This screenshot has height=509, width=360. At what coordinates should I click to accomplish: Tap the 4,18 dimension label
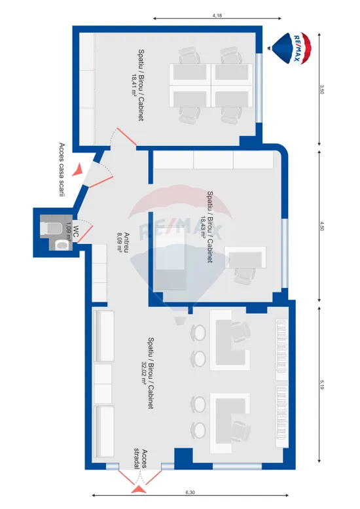point(217,15)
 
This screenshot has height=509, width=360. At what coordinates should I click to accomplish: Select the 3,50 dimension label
point(321,89)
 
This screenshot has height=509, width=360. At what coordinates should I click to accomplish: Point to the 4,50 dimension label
point(321,226)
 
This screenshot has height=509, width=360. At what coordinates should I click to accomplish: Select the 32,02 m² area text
point(143,374)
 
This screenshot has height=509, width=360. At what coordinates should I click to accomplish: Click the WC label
point(76,230)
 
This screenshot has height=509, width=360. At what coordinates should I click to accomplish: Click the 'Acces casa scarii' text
point(62,169)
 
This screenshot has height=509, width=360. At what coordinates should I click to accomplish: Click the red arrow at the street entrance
point(139,489)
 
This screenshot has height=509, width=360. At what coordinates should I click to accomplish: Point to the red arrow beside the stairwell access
point(78,169)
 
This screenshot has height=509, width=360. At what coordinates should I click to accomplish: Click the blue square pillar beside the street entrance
point(183,458)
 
